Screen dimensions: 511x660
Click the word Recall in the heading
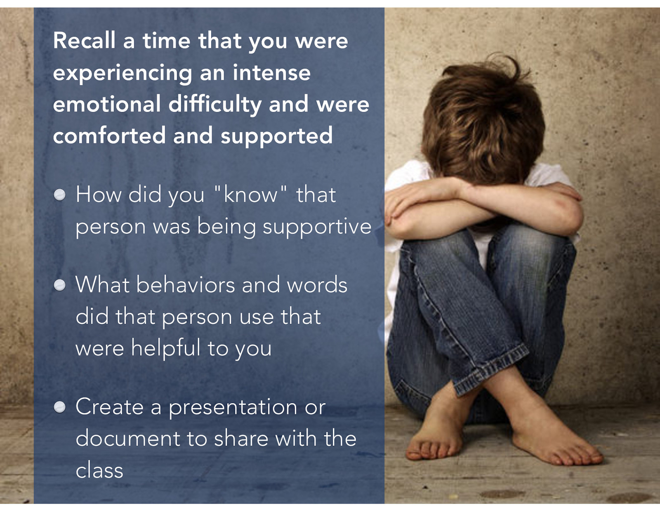pyautogui.click(x=84, y=41)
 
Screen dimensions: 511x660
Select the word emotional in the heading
pyautogui.click(x=106, y=104)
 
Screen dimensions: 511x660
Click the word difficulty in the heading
pyautogui.click(x=214, y=104)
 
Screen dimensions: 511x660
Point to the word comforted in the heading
pyautogui.click(x=109, y=136)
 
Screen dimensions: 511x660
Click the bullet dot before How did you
pyautogui.click(x=60, y=195)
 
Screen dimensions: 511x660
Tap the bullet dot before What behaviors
pyautogui.click(x=60, y=285)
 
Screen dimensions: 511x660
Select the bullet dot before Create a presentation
pyautogui.click(x=60, y=407)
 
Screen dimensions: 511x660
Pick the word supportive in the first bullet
pyautogui.click(x=317, y=227)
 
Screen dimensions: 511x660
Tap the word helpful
pyautogui.click(x=165, y=348)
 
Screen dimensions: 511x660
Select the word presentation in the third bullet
pyautogui.click(x=233, y=407)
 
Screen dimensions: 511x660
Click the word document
pyautogui.click(x=128, y=438)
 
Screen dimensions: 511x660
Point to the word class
pyautogui.click(x=99, y=471)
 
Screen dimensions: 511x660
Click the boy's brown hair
pyautogui.click(x=483, y=120)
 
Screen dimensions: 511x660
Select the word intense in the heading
pyautogui.click(x=271, y=73)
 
